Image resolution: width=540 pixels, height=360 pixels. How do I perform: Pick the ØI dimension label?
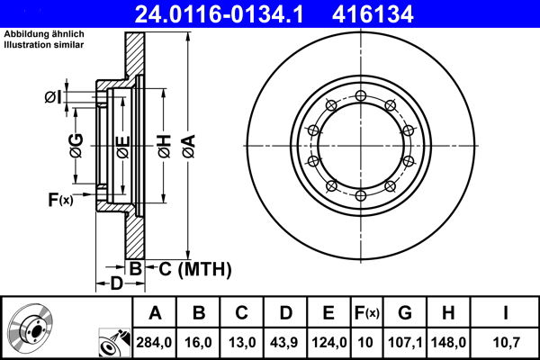click(54, 96)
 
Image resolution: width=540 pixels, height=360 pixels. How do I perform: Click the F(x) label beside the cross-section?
click(59, 200)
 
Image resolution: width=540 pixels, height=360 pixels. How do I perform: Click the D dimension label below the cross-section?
click(116, 284)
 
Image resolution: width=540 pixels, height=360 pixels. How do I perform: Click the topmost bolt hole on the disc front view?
click(360, 96)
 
